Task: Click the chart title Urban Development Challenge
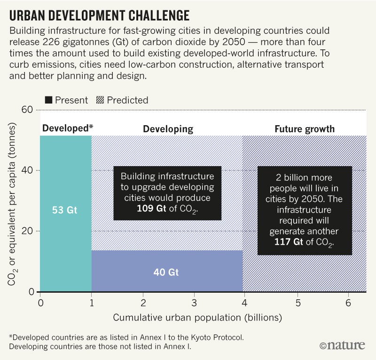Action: click(99, 16)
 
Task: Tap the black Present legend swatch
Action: click(48, 100)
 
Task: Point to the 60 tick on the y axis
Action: click(28, 110)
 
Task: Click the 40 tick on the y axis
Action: click(28, 170)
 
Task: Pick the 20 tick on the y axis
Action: click(28, 231)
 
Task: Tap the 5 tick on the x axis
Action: click(298, 301)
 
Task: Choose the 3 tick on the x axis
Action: click(195, 301)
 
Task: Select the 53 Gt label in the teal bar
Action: click(65, 210)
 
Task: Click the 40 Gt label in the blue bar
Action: click(167, 272)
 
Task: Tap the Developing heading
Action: click(168, 128)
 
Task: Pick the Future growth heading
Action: click(305, 128)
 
